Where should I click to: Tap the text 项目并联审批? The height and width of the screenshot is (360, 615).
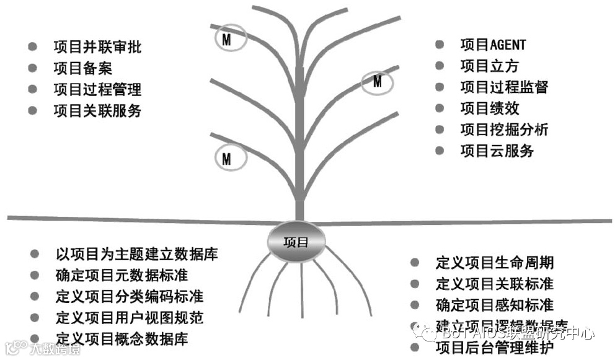click(x=97, y=47)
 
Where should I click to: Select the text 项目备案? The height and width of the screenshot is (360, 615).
click(x=82, y=69)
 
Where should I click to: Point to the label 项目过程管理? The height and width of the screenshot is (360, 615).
click(x=97, y=90)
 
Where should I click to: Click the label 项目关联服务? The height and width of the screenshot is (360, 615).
click(x=97, y=111)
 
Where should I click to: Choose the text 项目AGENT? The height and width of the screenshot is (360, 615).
click(x=493, y=45)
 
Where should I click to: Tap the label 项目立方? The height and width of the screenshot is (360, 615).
click(x=489, y=66)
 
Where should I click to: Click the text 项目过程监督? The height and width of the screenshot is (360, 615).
click(x=504, y=87)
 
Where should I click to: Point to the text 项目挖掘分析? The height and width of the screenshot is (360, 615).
click(x=504, y=130)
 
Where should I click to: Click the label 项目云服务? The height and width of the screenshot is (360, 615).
click(x=497, y=151)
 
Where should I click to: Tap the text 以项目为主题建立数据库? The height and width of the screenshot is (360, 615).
click(x=136, y=254)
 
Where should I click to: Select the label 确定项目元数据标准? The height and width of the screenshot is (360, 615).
click(x=122, y=275)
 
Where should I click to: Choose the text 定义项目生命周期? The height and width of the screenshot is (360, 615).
click(x=495, y=262)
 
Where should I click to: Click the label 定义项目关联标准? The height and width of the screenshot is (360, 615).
click(x=495, y=284)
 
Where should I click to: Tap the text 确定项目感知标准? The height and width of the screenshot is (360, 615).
click(x=495, y=305)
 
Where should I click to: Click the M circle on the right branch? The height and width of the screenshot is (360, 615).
click(x=377, y=81)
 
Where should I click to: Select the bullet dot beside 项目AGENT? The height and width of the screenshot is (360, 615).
click(x=440, y=45)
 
